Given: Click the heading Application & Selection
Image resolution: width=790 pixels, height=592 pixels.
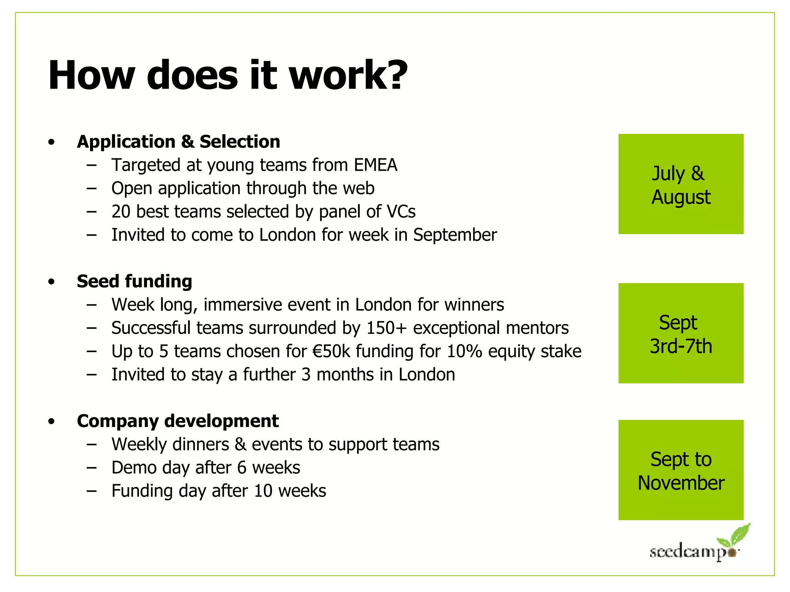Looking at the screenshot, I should pos(178,141).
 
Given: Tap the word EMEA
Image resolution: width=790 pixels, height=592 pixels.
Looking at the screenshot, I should pos(375,165).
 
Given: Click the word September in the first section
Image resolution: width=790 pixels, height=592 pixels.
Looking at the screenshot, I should pos(455,235).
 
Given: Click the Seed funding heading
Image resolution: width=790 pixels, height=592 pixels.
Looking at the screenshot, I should pos(134,281).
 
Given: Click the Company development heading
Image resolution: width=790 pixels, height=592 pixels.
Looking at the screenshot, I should pos(177,420).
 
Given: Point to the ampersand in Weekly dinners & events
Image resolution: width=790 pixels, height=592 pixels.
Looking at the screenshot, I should pos(240,444).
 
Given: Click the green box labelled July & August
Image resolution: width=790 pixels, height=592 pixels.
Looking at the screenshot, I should pos(680,184).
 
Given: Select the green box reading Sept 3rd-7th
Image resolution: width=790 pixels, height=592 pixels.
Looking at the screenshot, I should pos(680,333).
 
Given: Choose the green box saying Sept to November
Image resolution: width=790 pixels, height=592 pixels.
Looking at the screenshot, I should pos(680,470).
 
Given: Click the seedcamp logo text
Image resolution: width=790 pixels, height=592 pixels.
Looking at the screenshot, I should pos(687,552).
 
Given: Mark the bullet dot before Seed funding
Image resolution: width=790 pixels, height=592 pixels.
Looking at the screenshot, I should pos(52,282).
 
